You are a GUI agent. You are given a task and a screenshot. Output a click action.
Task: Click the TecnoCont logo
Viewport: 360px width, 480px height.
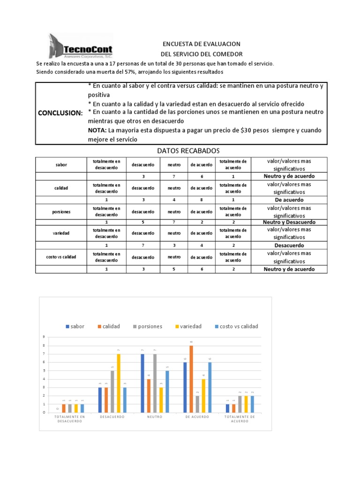(x=80, y=45)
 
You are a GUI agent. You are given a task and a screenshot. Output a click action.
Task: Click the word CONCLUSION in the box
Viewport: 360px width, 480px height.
(x=60, y=113)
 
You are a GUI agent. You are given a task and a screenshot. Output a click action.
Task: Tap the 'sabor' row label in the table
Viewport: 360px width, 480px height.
(x=61, y=165)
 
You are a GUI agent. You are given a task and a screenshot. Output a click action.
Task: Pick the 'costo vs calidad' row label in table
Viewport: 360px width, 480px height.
(x=61, y=257)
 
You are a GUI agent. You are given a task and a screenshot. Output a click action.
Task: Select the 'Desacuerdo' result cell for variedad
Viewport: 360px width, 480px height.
(x=289, y=245)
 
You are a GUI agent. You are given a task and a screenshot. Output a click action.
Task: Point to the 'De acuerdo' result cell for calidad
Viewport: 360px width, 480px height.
(x=289, y=199)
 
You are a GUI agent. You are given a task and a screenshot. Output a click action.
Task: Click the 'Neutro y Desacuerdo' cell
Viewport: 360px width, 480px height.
(x=289, y=222)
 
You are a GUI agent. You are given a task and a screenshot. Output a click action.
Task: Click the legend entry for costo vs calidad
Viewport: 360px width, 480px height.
(x=236, y=326)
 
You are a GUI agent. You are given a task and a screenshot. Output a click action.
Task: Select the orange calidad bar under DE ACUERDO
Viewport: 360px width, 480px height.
(x=192, y=379)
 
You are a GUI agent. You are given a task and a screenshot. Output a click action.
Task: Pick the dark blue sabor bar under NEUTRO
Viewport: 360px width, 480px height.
(x=142, y=383)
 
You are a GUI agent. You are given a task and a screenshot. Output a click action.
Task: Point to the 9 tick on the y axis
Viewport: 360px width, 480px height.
(x=44, y=337)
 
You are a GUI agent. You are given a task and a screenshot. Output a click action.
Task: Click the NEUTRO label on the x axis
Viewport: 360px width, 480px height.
(x=155, y=416)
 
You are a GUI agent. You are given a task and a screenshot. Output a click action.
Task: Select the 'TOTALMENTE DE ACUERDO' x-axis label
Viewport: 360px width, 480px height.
(x=240, y=419)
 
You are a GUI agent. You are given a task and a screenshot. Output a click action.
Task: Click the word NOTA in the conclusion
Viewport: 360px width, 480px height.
(x=97, y=130)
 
